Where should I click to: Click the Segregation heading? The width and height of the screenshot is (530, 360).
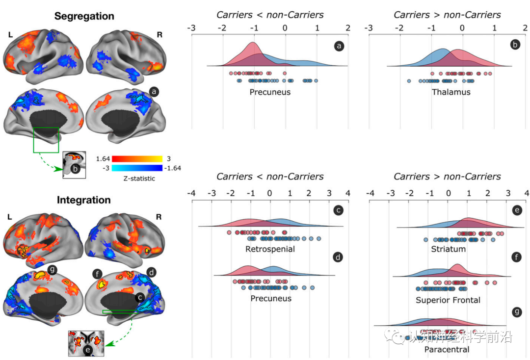(x=84, y=16)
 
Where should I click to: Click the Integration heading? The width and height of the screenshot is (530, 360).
(x=84, y=200)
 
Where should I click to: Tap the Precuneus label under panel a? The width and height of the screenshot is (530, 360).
(x=270, y=92)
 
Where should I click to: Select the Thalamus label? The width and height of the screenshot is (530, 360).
(x=451, y=92)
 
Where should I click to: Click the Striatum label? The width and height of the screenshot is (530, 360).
(x=448, y=249)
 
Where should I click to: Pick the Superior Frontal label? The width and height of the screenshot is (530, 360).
(x=448, y=300)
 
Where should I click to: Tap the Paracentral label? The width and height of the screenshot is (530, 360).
(x=447, y=350)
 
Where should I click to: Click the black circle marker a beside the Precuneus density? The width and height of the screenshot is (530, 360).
(x=339, y=46)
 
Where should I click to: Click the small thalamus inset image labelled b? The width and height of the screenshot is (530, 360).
(x=74, y=163)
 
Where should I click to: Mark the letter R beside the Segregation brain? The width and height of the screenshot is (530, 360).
(x=159, y=35)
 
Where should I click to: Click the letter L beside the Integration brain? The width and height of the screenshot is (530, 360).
(x=10, y=216)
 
